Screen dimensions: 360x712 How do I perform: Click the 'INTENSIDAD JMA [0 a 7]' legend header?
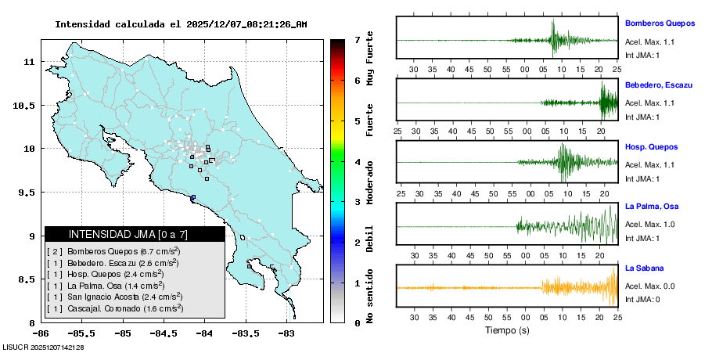tap(135, 234)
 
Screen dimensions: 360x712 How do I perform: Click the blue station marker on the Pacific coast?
tap(193, 197)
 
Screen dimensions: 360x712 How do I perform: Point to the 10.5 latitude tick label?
tap(27, 105)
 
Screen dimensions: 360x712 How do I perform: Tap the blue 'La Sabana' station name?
tap(644, 268)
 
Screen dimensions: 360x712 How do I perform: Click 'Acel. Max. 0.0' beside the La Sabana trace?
tap(649, 286)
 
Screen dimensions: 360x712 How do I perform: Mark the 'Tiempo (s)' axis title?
tap(507, 330)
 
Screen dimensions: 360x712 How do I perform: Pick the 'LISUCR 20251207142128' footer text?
tap(44, 347)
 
